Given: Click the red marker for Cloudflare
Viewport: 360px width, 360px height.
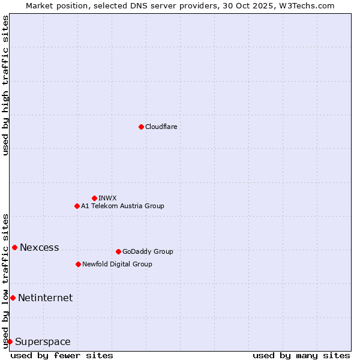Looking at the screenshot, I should (x=141, y=127).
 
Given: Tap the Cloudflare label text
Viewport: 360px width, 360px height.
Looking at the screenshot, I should (x=161, y=127).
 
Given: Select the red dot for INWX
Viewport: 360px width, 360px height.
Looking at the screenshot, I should (x=94, y=198).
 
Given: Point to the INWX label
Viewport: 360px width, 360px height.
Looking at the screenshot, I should (x=107, y=198).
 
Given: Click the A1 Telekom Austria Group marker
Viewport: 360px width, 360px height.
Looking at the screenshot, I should (x=77, y=206).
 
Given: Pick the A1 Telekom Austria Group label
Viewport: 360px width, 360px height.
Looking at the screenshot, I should (x=122, y=206).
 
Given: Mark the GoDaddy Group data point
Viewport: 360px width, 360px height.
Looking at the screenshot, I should (x=118, y=251).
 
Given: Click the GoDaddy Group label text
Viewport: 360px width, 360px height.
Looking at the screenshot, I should (x=148, y=251).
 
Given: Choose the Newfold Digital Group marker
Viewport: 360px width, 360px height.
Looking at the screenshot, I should (x=78, y=264).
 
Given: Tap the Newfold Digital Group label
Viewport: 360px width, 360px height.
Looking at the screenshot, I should (x=117, y=264).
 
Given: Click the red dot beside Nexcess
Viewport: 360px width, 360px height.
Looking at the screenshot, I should (x=14, y=247).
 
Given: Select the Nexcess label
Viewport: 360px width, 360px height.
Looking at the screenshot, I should (x=40, y=247).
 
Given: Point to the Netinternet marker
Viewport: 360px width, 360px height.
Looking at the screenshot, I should (x=13, y=298).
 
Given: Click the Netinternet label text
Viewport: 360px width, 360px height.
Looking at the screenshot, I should (x=45, y=298).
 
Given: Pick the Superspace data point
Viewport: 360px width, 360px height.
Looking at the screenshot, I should (x=10, y=341).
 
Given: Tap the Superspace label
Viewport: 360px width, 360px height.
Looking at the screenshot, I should (x=43, y=342).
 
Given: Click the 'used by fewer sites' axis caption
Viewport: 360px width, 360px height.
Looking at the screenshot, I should (x=62, y=355).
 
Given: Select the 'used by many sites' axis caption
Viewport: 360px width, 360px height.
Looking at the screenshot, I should (x=301, y=355).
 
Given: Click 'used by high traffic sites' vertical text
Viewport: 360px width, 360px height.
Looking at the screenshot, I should (x=5, y=85).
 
